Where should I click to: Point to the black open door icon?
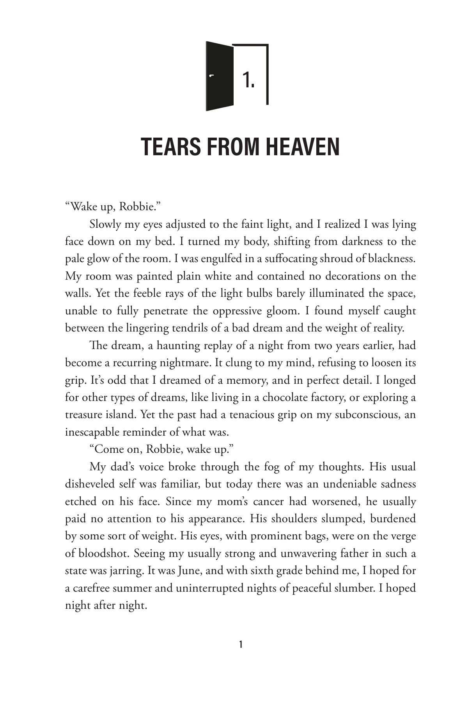point(219,76)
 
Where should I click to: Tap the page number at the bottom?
point(241,645)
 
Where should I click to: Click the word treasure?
point(85,415)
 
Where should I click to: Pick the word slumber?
point(355,588)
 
